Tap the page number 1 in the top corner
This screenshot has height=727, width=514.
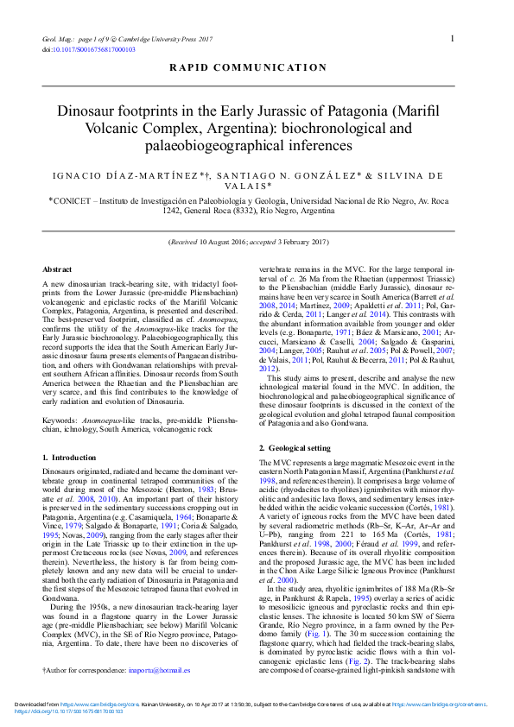coord(453,38)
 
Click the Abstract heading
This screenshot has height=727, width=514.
coord(57,270)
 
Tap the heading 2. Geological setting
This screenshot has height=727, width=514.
coord(295,448)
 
